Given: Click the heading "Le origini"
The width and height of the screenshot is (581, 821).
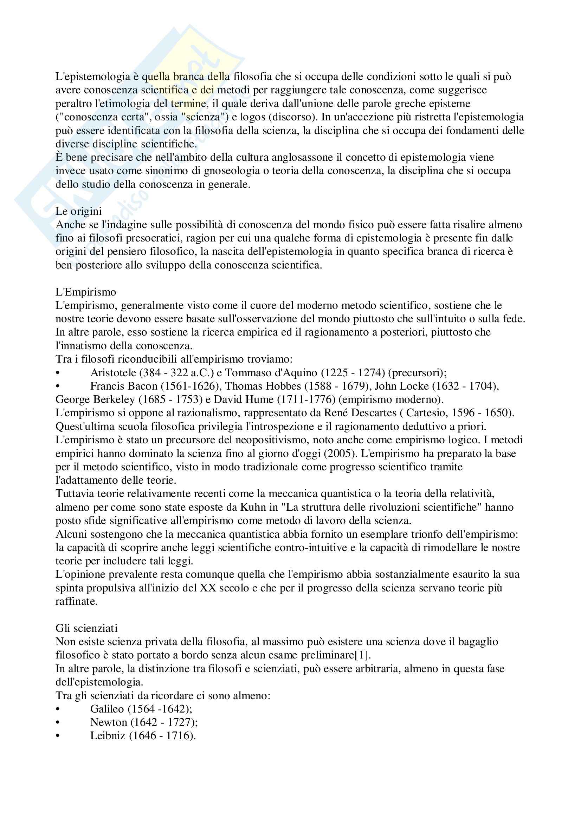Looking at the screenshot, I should click(78, 211).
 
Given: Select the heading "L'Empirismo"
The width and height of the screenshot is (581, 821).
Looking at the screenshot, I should click(85, 292).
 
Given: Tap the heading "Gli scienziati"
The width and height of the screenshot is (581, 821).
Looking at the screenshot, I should click(86, 628).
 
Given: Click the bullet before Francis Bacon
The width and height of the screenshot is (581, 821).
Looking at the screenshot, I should click(58, 386).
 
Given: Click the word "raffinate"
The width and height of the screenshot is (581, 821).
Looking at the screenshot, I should click(76, 602).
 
